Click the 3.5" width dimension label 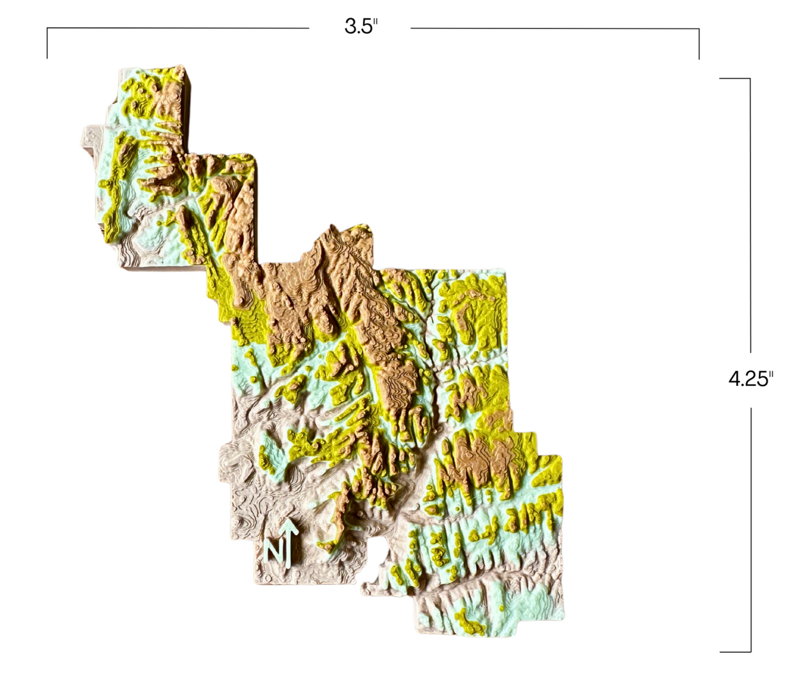361,26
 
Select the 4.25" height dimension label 751,378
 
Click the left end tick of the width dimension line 47,44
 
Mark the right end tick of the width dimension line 699,44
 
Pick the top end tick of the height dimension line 735,78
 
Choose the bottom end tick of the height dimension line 735,651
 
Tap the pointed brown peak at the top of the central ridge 331,229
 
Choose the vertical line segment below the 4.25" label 751,528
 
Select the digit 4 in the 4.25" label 735,379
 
